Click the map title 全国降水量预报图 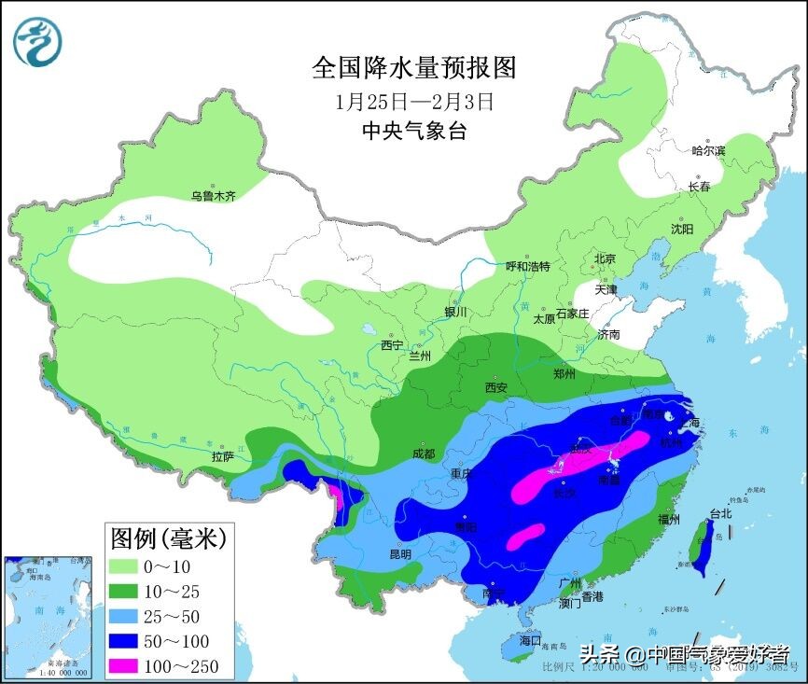(413, 67)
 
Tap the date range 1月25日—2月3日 (413, 100)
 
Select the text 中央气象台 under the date (413, 131)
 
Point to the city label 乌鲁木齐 (214, 196)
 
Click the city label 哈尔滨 (708, 150)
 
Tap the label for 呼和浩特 (528, 266)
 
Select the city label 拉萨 (222, 456)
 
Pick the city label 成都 (423, 454)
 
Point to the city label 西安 (495, 387)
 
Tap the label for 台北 (721, 513)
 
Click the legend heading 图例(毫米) (168, 537)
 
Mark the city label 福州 (667, 519)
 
